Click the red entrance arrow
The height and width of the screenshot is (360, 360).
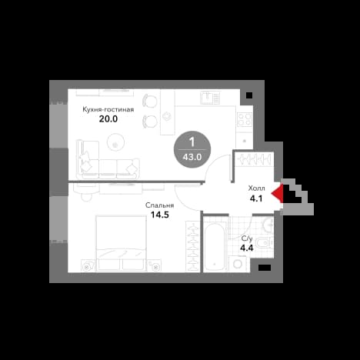click(278, 193)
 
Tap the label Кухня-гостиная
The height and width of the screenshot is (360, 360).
click(108, 109)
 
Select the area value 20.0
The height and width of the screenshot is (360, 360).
click(108, 119)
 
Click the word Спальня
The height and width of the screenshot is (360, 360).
click(159, 205)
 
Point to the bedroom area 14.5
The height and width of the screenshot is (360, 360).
click(159, 215)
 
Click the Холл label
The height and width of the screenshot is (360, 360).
click(256, 188)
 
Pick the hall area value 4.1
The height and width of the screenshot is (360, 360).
click(256, 198)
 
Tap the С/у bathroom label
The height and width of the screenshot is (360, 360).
click(247, 238)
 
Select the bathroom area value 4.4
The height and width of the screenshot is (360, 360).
click(247, 248)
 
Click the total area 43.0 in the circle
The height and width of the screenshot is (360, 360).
click(192, 157)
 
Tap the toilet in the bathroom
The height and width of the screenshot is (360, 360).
click(264, 242)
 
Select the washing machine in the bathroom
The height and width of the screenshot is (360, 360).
click(238, 264)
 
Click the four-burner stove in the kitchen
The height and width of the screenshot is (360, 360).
click(245, 120)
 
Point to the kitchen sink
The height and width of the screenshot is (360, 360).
click(210, 98)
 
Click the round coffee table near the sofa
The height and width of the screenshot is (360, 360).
click(115, 142)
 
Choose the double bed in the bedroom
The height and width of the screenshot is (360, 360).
click(121, 243)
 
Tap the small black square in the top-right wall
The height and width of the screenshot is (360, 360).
click(249, 95)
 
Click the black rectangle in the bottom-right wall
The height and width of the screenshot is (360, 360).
click(265, 268)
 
